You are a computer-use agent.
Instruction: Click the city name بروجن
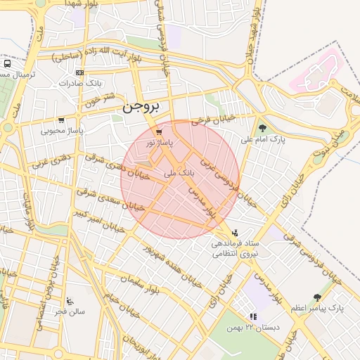[x=142, y=108]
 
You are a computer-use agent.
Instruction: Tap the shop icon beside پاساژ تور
[x=160, y=131]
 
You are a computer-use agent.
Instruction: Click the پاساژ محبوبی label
[x=61, y=130]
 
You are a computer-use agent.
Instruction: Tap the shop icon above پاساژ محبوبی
[x=61, y=120]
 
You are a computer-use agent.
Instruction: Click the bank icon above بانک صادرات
[x=79, y=72]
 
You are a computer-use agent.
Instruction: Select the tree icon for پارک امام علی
[x=262, y=128]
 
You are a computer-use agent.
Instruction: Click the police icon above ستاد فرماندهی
[x=235, y=233]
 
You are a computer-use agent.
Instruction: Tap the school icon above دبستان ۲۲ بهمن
[x=252, y=317]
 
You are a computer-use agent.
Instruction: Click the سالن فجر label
[x=70, y=311]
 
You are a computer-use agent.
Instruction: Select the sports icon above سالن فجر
[x=70, y=300]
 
